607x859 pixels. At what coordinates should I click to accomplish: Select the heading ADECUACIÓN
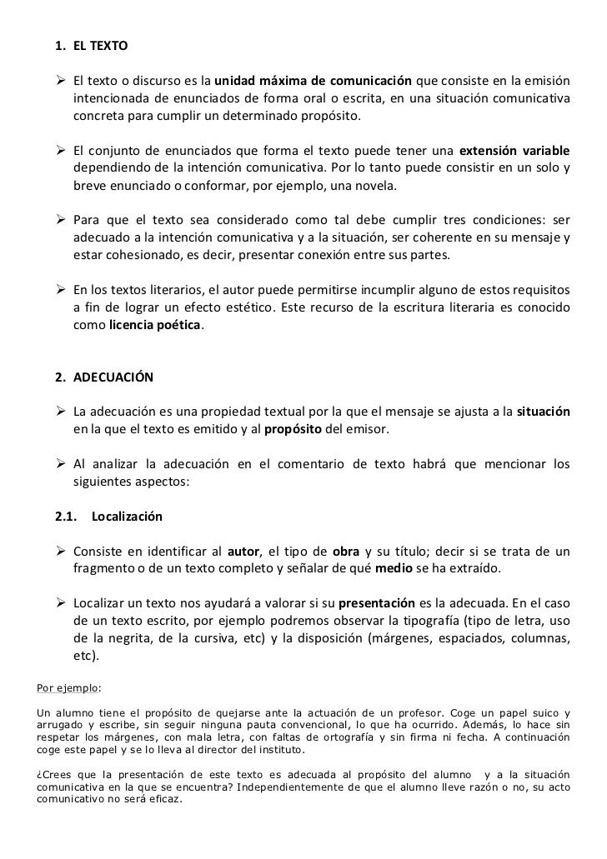[x=113, y=377]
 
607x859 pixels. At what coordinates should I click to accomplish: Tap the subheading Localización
[x=127, y=517]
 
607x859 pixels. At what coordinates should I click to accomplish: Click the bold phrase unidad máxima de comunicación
[x=313, y=82]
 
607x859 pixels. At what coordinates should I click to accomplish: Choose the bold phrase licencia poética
[x=155, y=325]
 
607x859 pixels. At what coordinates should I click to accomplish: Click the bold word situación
[x=544, y=412]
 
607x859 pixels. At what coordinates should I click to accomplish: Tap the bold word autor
[x=243, y=552]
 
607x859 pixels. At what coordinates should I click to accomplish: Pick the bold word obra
[x=345, y=552]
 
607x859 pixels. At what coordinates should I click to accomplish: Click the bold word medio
[x=393, y=568]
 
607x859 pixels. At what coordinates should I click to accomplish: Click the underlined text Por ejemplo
[x=68, y=688]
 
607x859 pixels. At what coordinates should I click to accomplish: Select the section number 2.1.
[x=67, y=517]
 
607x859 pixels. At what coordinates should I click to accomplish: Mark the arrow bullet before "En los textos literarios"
[x=61, y=290]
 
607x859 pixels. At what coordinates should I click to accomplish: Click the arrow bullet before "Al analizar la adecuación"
[x=61, y=464]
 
